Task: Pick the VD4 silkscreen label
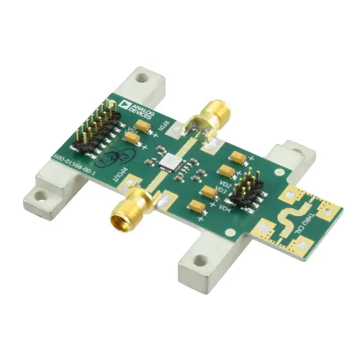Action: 224,210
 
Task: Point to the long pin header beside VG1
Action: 93,126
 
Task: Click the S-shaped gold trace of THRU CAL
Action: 290,217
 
